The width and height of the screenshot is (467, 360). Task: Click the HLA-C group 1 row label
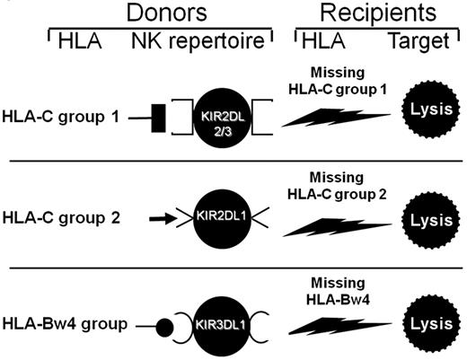pos(62,118)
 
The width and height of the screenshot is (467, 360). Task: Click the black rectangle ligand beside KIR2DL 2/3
pos(161,118)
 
